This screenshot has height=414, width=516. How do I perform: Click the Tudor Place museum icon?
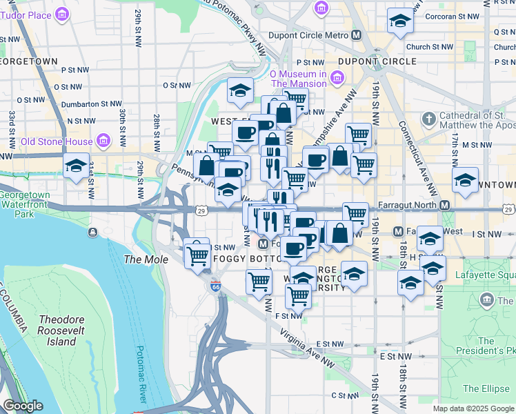click(x=63, y=14)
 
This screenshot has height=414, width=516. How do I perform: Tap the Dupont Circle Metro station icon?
click(x=357, y=35)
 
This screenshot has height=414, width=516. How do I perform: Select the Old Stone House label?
click(x=57, y=141)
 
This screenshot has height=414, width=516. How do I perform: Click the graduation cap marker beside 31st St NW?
click(x=76, y=166)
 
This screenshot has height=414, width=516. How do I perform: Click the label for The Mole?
click(x=139, y=259)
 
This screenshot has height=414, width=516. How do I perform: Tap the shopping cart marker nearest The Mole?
click(x=197, y=255)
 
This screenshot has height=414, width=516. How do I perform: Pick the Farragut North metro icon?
click(x=445, y=206)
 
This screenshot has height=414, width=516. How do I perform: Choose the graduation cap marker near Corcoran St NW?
click(x=399, y=22)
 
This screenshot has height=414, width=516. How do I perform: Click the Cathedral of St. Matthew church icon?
click(x=428, y=119)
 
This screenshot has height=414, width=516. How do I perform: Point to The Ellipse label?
click(x=486, y=388)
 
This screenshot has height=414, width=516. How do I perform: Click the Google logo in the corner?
click(x=23, y=406)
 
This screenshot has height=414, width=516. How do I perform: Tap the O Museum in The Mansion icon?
click(x=337, y=78)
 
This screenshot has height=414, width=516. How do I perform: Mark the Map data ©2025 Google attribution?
click(x=473, y=408)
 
